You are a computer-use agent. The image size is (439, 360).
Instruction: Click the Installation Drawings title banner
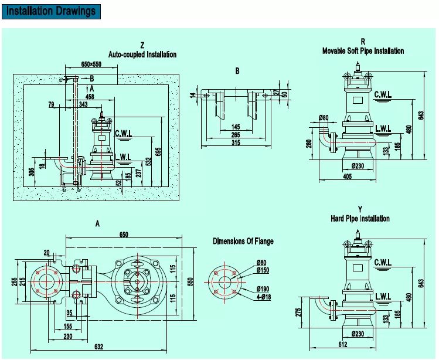point(50,11)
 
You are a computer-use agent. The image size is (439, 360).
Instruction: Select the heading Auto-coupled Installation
point(142,55)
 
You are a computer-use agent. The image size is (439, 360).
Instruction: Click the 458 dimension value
point(90,96)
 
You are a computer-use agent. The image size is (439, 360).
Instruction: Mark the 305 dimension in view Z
point(31,172)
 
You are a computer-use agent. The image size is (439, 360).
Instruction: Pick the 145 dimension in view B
point(236,127)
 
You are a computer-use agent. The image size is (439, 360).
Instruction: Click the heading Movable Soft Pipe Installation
point(363,51)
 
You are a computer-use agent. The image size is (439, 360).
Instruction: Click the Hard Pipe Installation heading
point(360,219)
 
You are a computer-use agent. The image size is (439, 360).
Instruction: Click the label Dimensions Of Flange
point(243,241)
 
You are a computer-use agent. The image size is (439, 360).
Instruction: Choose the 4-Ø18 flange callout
point(263,297)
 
